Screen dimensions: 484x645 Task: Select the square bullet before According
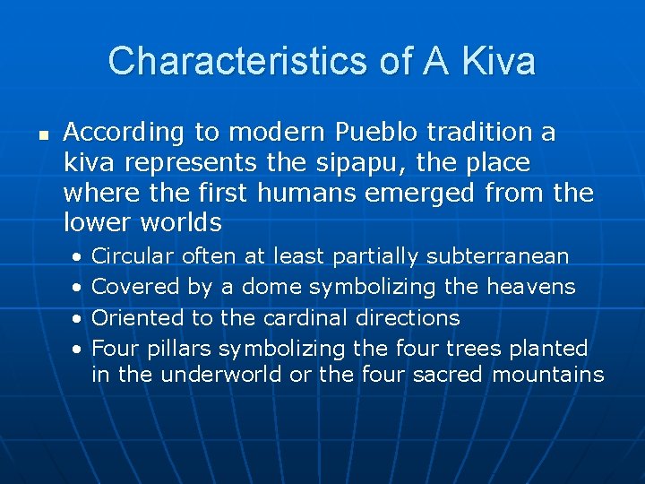[x=41, y=135]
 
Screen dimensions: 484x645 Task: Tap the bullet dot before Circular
[x=78, y=258]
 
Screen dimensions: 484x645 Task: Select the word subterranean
[x=497, y=256]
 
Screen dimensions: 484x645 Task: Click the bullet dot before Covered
[x=78, y=289]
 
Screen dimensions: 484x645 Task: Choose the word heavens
[x=531, y=287]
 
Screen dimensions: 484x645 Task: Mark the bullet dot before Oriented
[x=78, y=319]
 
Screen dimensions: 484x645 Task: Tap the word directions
[x=408, y=317]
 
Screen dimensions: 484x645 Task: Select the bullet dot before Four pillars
[x=78, y=350]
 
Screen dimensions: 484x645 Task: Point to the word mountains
[x=548, y=375]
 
